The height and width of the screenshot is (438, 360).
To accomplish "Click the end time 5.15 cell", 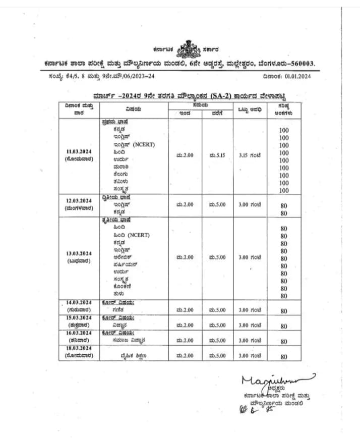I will click(217, 155).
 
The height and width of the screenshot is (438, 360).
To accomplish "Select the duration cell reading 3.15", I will click(250, 155).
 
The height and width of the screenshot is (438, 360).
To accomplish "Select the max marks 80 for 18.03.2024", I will click(284, 357).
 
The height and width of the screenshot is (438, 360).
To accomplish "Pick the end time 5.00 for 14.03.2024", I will click(217, 310).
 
